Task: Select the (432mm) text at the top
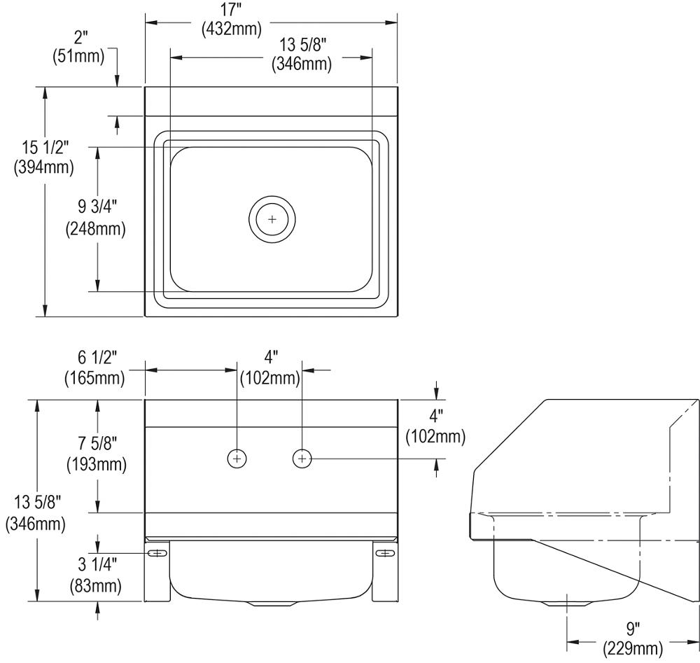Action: pyautogui.click(x=231, y=29)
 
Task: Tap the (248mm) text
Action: pyautogui.click(x=95, y=228)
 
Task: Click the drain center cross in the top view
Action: pyautogui.click(x=272, y=220)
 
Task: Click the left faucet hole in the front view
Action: pyautogui.click(x=237, y=459)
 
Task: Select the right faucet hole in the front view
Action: pyautogui.click(x=302, y=459)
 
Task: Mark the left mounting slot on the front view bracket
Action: pyautogui.click(x=157, y=554)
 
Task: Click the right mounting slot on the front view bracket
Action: pyautogui.click(x=385, y=554)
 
